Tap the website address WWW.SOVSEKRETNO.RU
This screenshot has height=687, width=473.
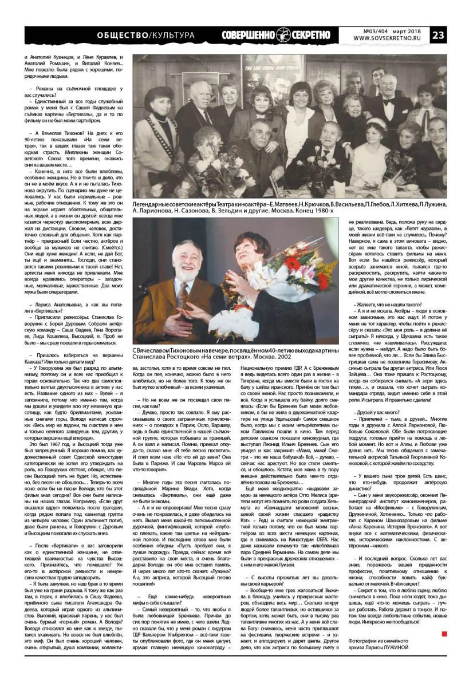coord(389,40)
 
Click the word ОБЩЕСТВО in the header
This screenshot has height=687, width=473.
coord(121,35)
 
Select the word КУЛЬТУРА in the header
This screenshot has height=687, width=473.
coord(172,35)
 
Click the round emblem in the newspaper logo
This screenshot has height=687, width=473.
coord(285,35)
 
